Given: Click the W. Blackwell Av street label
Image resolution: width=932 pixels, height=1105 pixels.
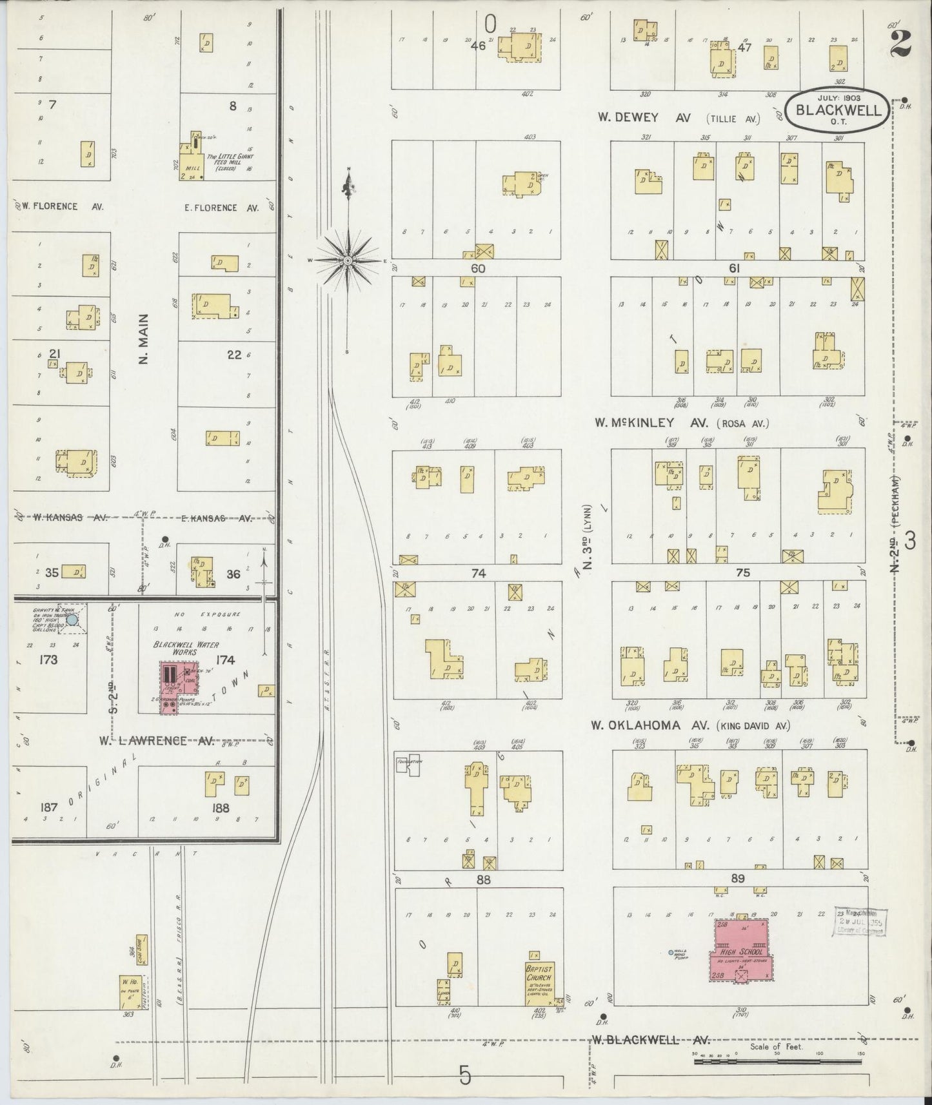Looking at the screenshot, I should click(x=650, y=1039).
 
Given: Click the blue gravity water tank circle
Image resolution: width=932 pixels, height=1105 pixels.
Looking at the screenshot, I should click(x=72, y=620).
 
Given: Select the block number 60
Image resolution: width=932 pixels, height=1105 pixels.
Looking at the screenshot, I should click(x=477, y=268).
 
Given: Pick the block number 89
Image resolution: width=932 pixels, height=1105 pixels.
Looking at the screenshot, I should click(x=738, y=878).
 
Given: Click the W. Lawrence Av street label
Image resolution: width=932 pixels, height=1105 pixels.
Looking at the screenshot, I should click(x=156, y=741).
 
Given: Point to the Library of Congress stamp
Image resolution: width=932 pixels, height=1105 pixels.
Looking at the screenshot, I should click(x=861, y=923).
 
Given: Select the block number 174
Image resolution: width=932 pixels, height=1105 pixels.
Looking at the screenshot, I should click(x=226, y=659).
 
